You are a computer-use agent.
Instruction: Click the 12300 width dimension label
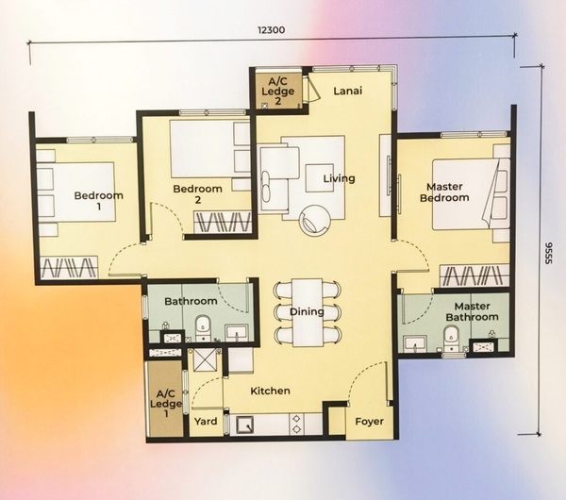pyautogui.click(x=271, y=29)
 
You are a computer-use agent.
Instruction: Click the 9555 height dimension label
pyautogui.click(x=548, y=253)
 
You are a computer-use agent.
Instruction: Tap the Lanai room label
pyautogui.click(x=347, y=91)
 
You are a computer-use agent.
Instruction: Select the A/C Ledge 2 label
pyautogui.click(x=278, y=91)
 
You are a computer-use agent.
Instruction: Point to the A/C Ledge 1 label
pyautogui.click(x=166, y=404)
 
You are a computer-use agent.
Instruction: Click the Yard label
pyautogui.click(x=206, y=422)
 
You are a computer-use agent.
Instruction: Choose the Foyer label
pyautogui.click(x=369, y=422)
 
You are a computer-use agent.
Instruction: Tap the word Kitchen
pyautogui.click(x=271, y=391)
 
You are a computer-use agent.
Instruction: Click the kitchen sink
pyautogui.click(x=244, y=425)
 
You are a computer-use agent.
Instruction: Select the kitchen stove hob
pyautogui.click(x=297, y=425)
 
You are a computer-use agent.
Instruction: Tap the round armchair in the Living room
pyautogui.click(x=314, y=220)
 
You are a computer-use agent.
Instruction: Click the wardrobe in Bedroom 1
pyautogui.click(x=69, y=268)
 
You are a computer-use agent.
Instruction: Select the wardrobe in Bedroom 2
pyautogui.click(x=223, y=222)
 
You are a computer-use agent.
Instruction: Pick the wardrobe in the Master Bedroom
pyautogui.click(x=474, y=275)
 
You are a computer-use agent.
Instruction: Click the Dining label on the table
pyautogui.click(x=307, y=311)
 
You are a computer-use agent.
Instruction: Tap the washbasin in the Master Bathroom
pyautogui.click(x=415, y=343)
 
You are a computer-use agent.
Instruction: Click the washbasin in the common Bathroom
pyautogui.click(x=237, y=332)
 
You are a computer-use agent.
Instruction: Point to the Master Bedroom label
pyautogui.click(x=444, y=192)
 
